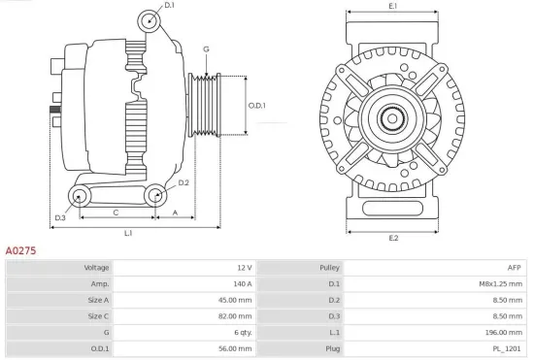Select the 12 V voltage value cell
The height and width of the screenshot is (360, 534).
244,267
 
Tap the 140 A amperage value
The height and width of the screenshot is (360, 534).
242,283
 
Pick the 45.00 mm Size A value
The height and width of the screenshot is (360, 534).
236,300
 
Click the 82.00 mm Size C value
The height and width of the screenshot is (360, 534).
236,316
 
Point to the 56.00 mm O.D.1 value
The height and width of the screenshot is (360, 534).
236,349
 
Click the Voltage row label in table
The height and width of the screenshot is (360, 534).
96,267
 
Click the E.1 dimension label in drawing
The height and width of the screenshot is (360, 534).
393,8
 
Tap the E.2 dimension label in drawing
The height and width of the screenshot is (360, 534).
393,237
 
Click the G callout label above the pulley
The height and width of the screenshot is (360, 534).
206,49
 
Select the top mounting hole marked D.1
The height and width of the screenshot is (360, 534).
149,20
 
